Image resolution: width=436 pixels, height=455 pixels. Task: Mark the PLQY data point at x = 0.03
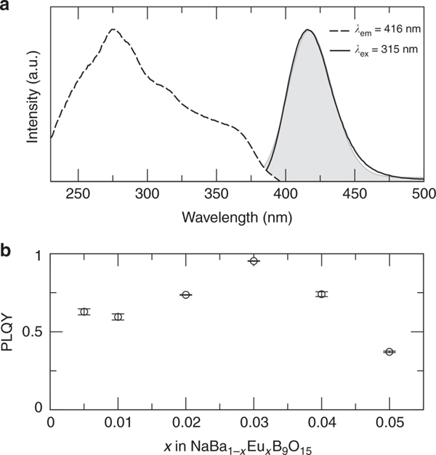coord(254,261)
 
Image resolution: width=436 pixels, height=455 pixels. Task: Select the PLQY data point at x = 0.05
coord(389,352)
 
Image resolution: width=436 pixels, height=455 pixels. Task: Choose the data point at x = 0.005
coord(84,312)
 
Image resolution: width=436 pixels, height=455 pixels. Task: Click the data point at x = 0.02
coord(186,294)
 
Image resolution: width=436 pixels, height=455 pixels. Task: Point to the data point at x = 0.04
coord(321,294)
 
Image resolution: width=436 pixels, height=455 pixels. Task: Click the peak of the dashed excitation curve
coord(113,30)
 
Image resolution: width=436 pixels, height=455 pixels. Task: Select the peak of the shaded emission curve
coord(308,31)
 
